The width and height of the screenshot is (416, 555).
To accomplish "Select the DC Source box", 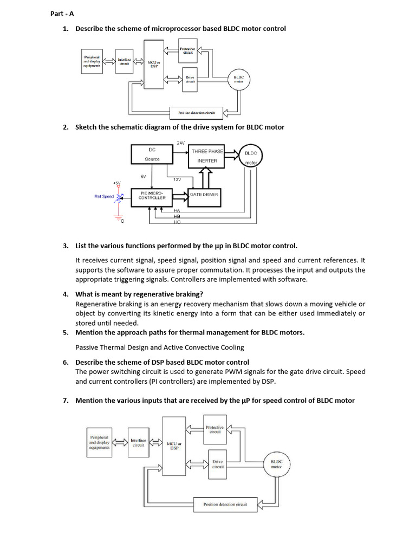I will pyautogui.click(x=152, y=154).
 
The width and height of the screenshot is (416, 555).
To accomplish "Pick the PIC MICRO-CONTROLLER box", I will pyautogui.click(x=152, y=196).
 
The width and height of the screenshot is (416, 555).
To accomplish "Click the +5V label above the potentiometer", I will pyautogui.click(x=117, y=183).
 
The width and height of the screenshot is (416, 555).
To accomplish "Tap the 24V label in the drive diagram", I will pyautogui.click(x=181, y=143).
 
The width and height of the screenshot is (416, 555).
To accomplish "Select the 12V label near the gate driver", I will pyautogui.click(x=177, y=179).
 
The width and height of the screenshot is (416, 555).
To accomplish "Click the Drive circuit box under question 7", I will pyautogui.click(x=218, y=464).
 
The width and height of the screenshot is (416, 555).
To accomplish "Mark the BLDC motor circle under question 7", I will pyautogui.click(x=276, y=464).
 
